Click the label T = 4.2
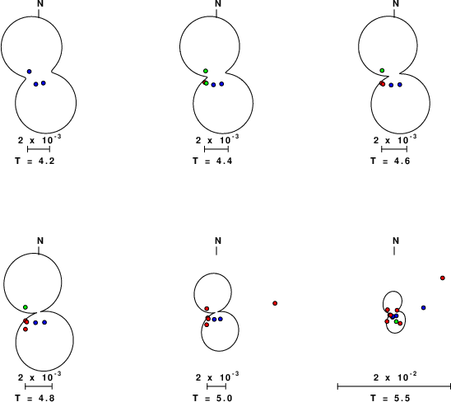35,161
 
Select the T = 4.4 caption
212,161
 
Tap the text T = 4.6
390,161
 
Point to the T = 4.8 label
35,398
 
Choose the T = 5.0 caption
212,398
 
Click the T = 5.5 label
390,398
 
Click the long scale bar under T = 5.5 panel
394,386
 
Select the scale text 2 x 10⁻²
395,376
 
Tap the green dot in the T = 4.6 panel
382,70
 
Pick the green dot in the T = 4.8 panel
26,307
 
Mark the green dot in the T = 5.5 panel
397,321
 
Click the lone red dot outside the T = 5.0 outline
275,303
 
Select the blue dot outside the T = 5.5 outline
423,308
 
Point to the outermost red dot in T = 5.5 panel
443,278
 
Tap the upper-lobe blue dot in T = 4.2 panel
29,72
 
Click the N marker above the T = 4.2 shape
40,4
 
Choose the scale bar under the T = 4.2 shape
39,149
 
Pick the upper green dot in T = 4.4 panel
206,71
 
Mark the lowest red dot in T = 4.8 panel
26,329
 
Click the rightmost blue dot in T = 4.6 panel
400,84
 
